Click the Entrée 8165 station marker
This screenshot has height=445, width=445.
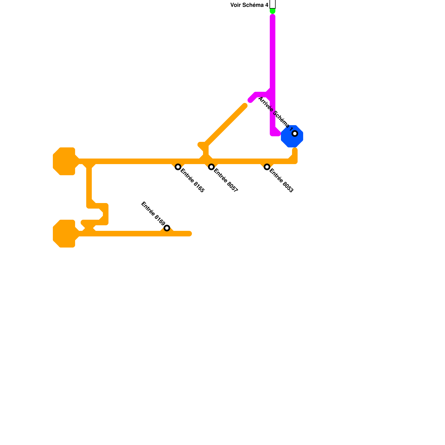pyautogui.click(x=178, y=167)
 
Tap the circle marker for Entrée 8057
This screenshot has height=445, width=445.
pyautogui.click(x=211, y=167)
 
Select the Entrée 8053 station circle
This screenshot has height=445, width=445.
pyautogui.click(x=267, y=167)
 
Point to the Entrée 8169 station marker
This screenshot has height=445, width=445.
pyautogui.click(x=167, y=228)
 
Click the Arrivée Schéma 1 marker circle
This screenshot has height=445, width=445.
pyautogui.click(x=295, y=133)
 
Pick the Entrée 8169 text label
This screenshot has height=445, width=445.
pyautogui.click(x=153, y=213)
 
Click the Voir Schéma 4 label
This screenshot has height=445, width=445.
pyautogui.click(x=249, y=5)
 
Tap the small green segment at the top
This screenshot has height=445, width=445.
pyautogui.click(x=273, y=11)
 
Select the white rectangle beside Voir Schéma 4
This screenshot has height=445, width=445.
pyautogui.click(x=273, y=4)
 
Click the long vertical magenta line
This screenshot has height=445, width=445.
pyautogui.click(x=273, y=56)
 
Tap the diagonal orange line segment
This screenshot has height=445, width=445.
pyautogui.click(x=225, y=125)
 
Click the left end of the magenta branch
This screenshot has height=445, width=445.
pyautogui.click(x=250, y=100)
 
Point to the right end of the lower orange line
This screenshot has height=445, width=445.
pyautogui.click(x=189, y=234)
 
